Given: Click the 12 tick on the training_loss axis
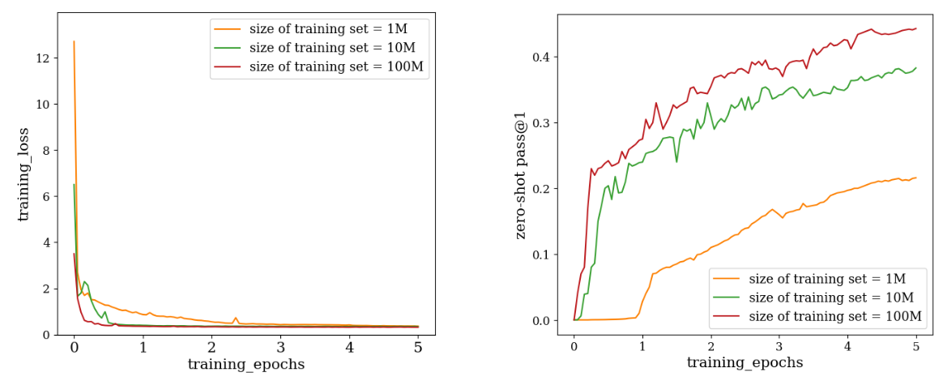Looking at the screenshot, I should click(45, 58).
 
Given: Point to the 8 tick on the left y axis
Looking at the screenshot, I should click(48, 151).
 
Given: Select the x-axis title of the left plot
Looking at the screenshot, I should click(246, 365).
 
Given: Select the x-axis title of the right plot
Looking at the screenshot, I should click(745, 363).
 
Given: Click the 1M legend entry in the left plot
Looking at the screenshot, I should click(320, 28).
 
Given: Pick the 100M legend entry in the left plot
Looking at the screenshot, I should click(320, 66).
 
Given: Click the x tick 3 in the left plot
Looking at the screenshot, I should click(280, 348).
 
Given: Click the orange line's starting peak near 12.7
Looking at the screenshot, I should click(74, 41).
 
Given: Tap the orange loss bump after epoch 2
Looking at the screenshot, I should click(236, 318).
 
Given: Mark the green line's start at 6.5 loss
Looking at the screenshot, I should click(74, 185).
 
